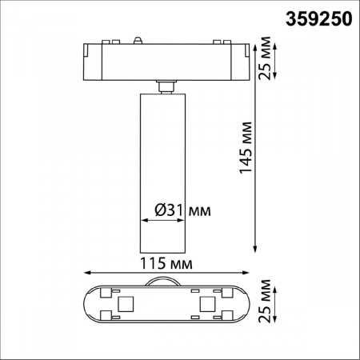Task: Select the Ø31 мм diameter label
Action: point(181,210)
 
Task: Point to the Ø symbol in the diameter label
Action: point(159,210)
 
